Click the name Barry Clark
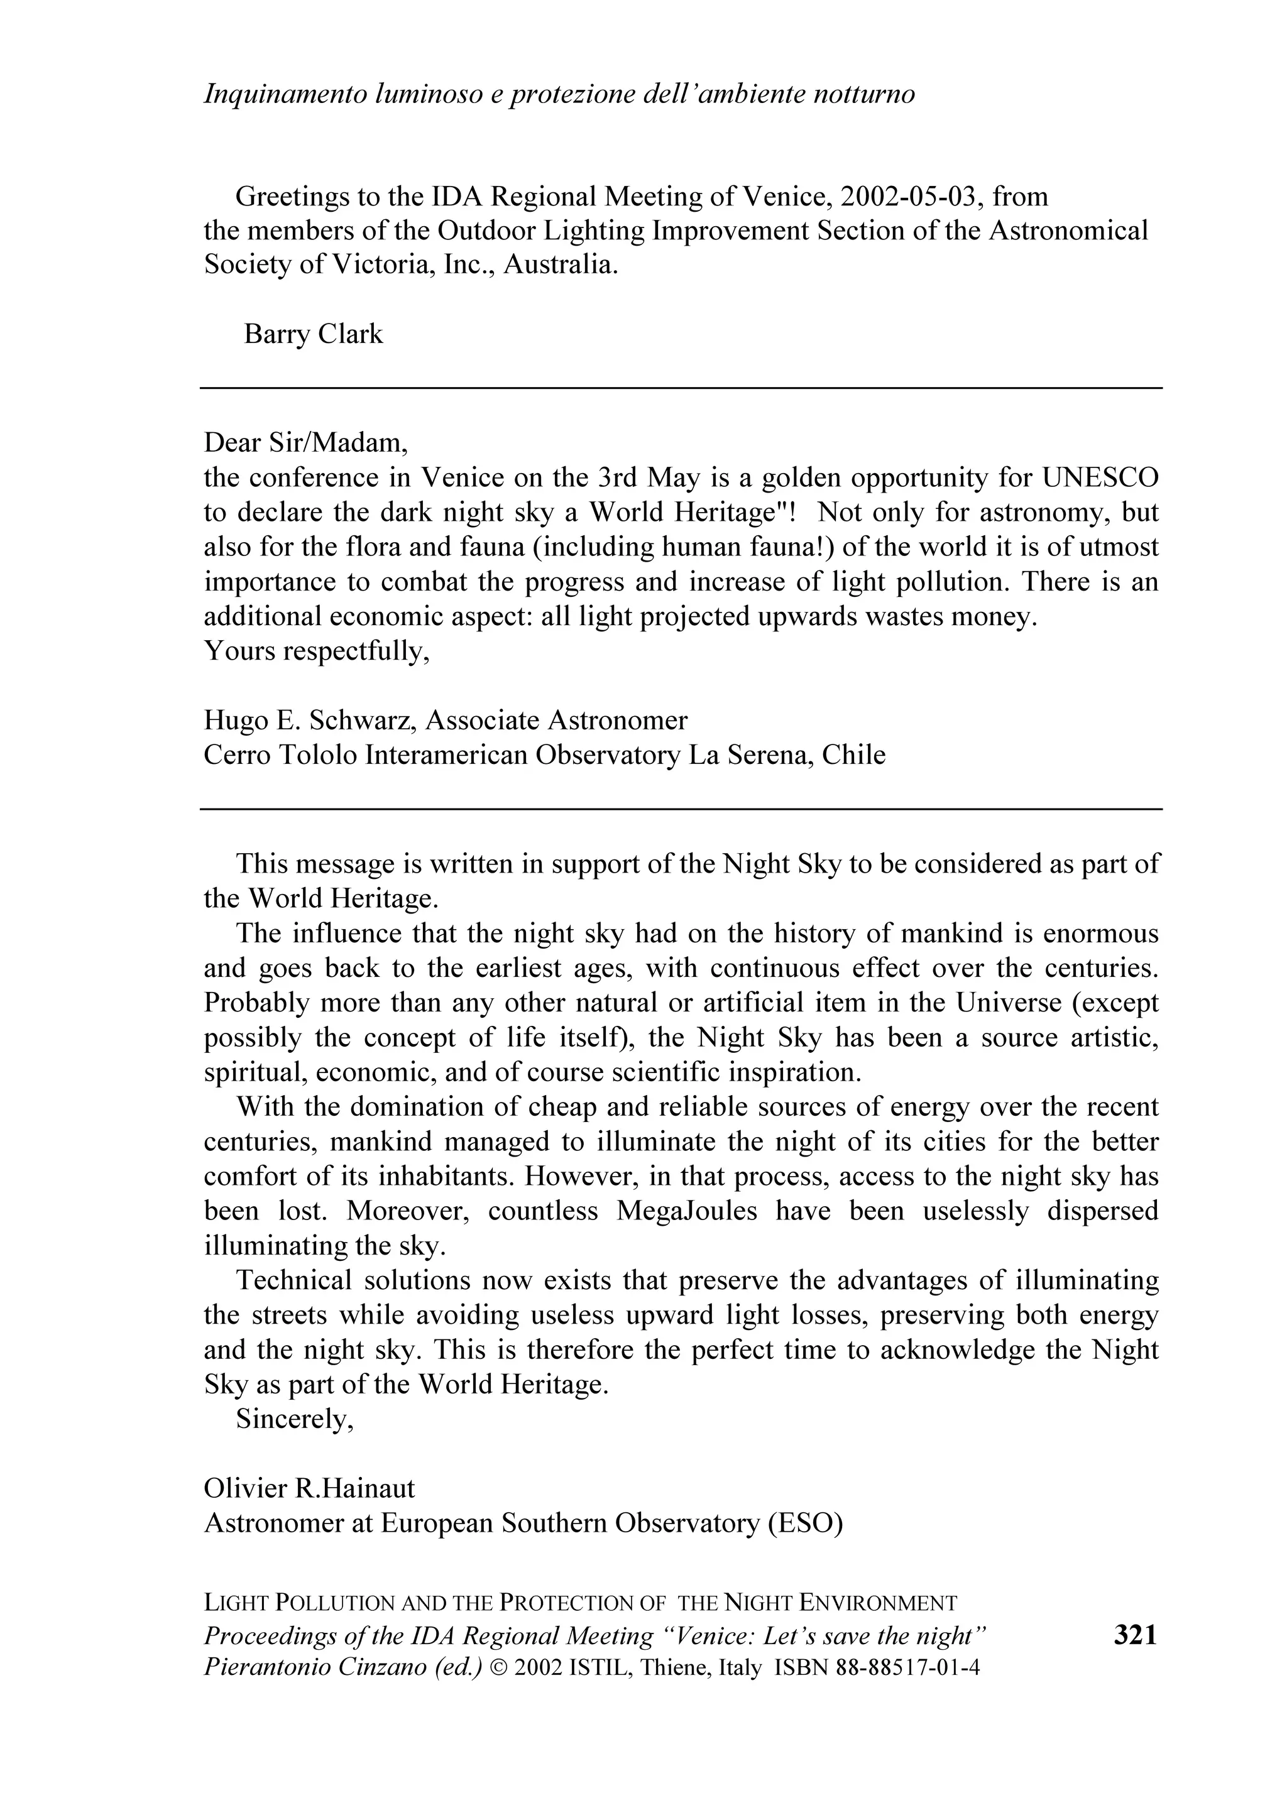313,334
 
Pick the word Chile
853,755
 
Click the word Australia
561,264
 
